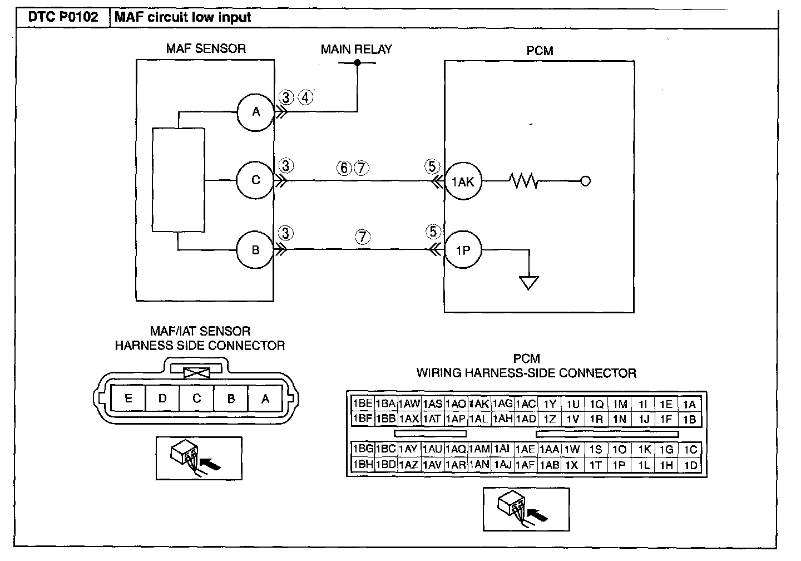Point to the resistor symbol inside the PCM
(524, 181)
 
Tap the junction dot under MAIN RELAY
(357, 63)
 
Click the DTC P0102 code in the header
(63, 17)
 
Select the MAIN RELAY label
(356, 50)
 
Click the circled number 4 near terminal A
(305, 97)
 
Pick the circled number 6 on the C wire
(344, 168)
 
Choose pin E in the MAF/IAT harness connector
(128, 398)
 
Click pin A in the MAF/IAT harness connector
(265, 398)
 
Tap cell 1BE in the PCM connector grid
(363, 403)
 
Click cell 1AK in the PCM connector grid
(479, 403)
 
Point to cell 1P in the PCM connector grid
(619, 465)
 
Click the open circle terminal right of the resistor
(585, 181)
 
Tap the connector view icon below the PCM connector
(526, 509)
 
